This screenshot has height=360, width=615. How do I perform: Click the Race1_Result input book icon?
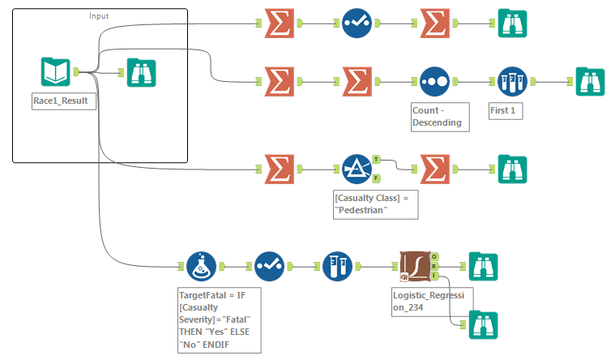click(x=55, y=72)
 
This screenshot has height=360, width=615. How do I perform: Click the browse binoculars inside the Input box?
click(x=142, y=72)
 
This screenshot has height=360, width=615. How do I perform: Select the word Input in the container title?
click(x=100, y=15)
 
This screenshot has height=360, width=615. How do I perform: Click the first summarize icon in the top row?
click(x=279, y=24)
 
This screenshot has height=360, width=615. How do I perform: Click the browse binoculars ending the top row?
click(x=512, y=24)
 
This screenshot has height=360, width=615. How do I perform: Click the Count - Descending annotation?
click(x=438, y=116)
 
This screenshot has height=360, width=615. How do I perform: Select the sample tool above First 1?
click(x=512, y=81)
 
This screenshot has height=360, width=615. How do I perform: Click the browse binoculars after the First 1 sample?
click(x=590, y=81)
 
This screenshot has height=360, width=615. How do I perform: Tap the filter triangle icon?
click(x=356, y=169)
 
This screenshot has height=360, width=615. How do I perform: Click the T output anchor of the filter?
click(x=376, y=160)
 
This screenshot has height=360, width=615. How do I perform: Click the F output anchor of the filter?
click(x=376, y=178)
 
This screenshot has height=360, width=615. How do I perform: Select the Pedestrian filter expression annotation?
click(x=374, y=204)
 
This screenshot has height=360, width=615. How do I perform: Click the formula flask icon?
click(x=200, y=266)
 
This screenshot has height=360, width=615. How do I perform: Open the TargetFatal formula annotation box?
click(x=218, y=319)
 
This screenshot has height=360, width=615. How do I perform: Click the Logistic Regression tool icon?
click(x=415, y=265)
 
